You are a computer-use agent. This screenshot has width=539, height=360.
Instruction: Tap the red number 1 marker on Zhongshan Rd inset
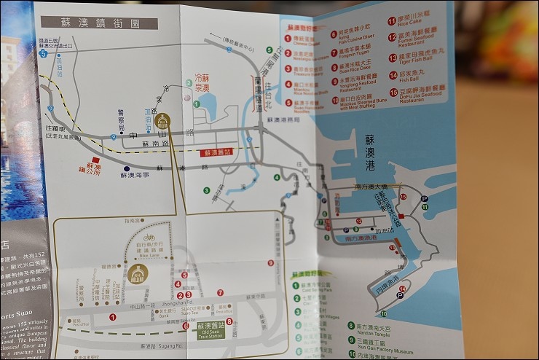tap(112, 317)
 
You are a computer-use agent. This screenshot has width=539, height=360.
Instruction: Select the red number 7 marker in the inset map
tap(221, 293)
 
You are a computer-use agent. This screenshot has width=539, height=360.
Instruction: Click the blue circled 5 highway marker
tap(43, 53)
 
